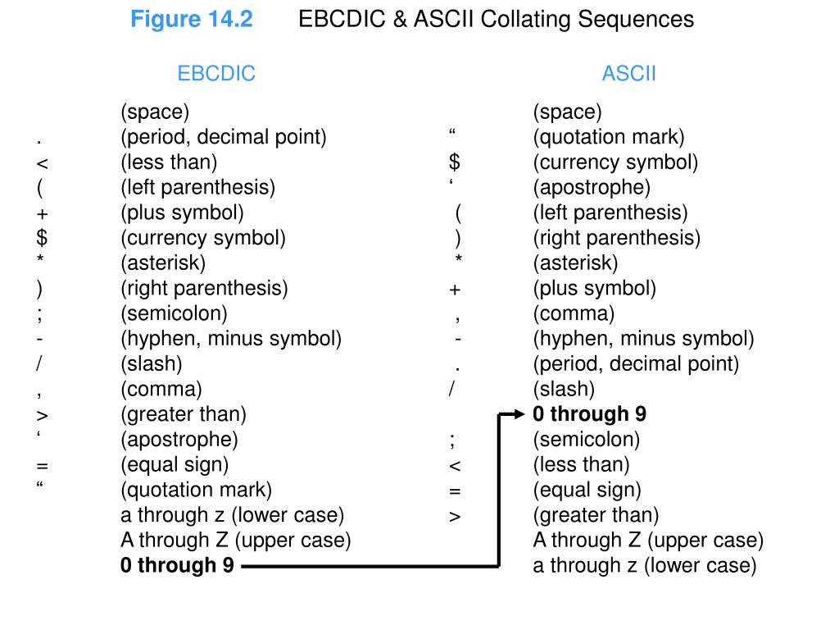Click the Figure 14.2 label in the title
192,20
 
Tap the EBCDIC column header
216,74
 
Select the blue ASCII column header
628,74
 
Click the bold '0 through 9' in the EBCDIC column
177,565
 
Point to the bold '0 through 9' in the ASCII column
589,414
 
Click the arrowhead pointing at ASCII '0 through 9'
516,414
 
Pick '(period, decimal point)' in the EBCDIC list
223,137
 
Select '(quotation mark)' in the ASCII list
608,137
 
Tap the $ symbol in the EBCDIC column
43,239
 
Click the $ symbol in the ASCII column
455,162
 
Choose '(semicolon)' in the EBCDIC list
174,313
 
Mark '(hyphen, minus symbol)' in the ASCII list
643,339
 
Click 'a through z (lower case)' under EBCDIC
232,515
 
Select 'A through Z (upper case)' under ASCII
647,541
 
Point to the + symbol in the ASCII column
455,290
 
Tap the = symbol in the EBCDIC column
43,466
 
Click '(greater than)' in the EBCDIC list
183,414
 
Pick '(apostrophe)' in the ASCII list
592,188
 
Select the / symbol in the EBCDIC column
39,363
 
